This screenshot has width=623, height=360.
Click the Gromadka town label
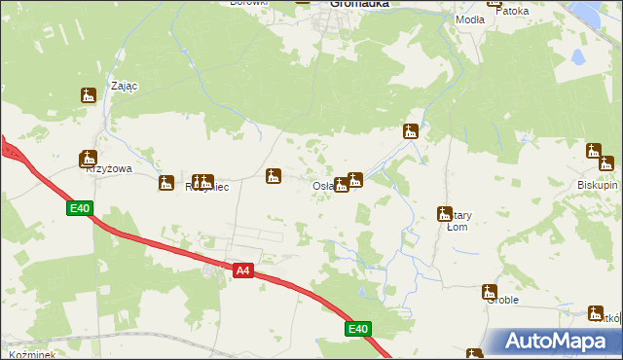click(x=359, y=4)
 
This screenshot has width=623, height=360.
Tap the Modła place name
click(x=470, y=19)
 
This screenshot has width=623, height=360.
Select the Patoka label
click(x=512, y=12)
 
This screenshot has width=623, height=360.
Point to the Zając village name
click(x=125, y=86)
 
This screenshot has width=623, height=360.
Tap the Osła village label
click(x=324, y=187)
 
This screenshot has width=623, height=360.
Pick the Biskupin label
click(x=597, y=184)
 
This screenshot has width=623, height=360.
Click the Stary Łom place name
click(x=458, y=222)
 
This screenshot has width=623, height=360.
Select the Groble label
click(x=502, y=301)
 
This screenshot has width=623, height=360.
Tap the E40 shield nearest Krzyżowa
click(x=80, y=208)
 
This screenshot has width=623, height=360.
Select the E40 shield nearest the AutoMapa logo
click(x=358, y=330)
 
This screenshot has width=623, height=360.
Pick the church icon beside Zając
click(x=89, y=95)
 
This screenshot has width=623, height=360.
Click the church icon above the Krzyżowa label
click(x=89, y=158)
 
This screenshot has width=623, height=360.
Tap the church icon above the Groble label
click(x=489, y=291)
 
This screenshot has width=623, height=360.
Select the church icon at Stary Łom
click(x=446, y=214)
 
